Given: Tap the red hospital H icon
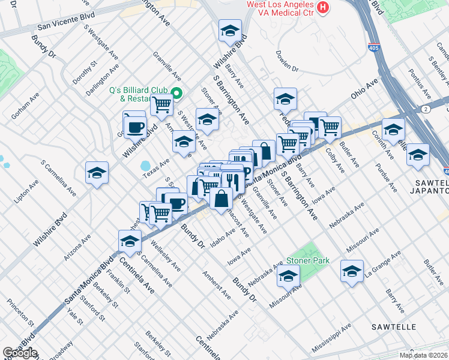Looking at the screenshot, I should click(324, 7).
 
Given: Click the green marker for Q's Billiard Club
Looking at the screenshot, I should click(176, 93).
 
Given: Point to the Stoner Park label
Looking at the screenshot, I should click(308, 261).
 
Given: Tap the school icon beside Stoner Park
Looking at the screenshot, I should click(289, 276).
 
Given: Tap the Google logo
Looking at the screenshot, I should click(20, 353).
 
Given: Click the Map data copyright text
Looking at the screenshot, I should click(424, 356).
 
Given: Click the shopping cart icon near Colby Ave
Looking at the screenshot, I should click(330, 127).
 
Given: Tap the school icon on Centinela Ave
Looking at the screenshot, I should click(129, 241).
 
